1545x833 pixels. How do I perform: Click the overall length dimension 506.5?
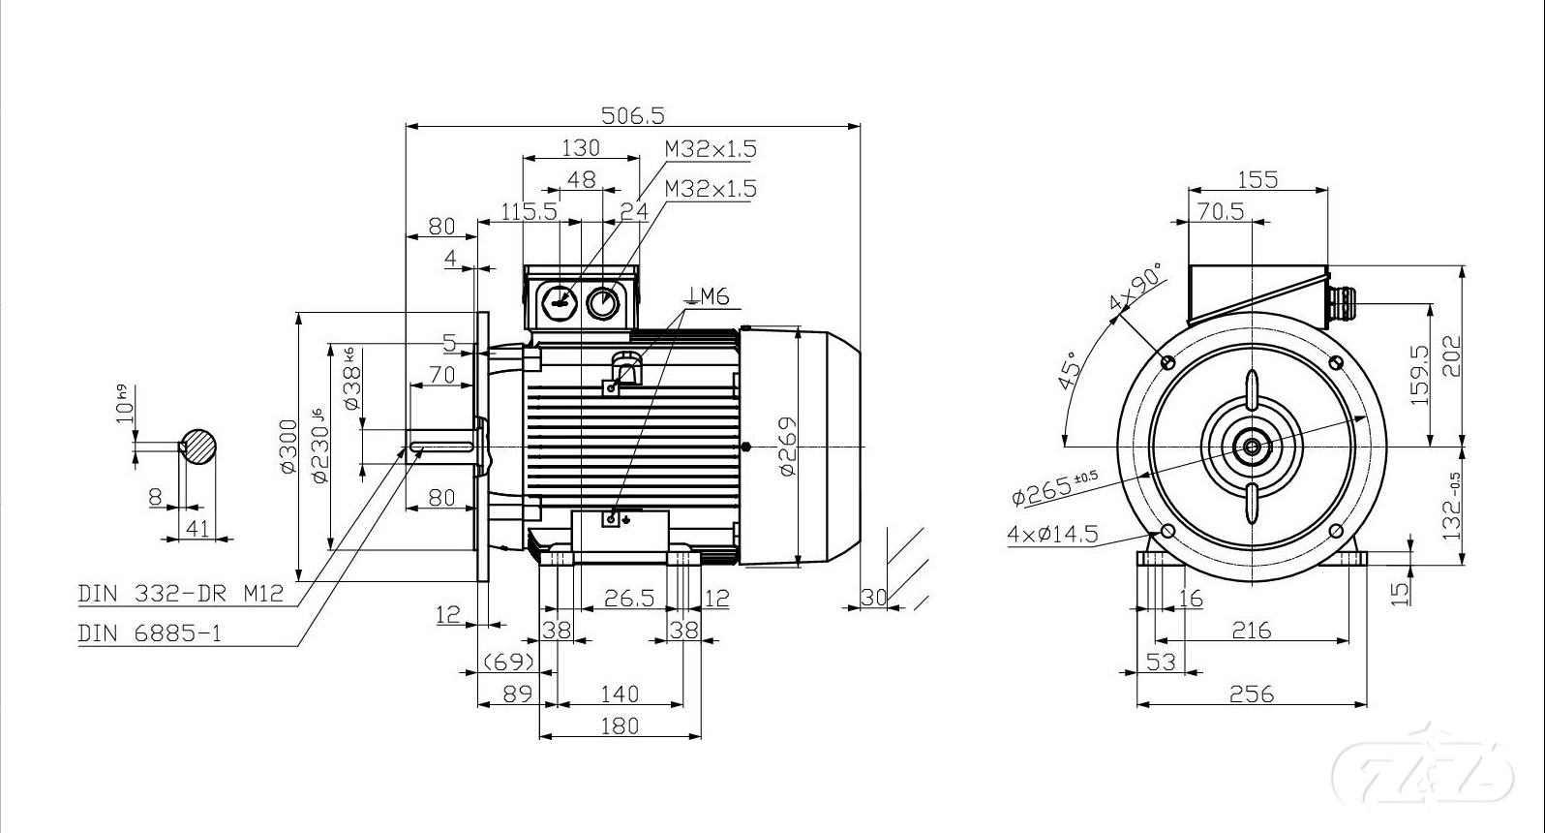coord(633,115)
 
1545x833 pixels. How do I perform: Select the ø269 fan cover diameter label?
coord(787,447)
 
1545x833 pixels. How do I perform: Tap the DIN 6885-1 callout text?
coord(150,633)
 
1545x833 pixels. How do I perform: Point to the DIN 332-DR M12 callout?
coord(181,593)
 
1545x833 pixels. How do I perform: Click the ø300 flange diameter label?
coord(288,447)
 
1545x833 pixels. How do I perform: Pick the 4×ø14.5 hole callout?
coord(1052,534)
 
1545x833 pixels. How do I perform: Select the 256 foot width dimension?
coord(1252,694)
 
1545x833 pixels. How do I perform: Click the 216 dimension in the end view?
coord(1251,631)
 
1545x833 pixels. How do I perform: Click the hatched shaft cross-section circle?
coord(198,447)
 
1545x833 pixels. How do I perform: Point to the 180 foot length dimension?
coord(620,725)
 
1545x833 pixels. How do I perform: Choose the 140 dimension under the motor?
coord(620,694)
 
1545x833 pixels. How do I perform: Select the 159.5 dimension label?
coord(1420,376)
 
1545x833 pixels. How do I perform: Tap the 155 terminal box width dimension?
coord(1257,179)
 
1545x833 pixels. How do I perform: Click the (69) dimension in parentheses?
coord(509,662)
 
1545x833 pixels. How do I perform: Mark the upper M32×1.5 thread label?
coord(711,149)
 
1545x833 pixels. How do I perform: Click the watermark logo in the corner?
coord(1423,772)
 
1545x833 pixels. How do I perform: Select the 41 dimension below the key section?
coord(197,528)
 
